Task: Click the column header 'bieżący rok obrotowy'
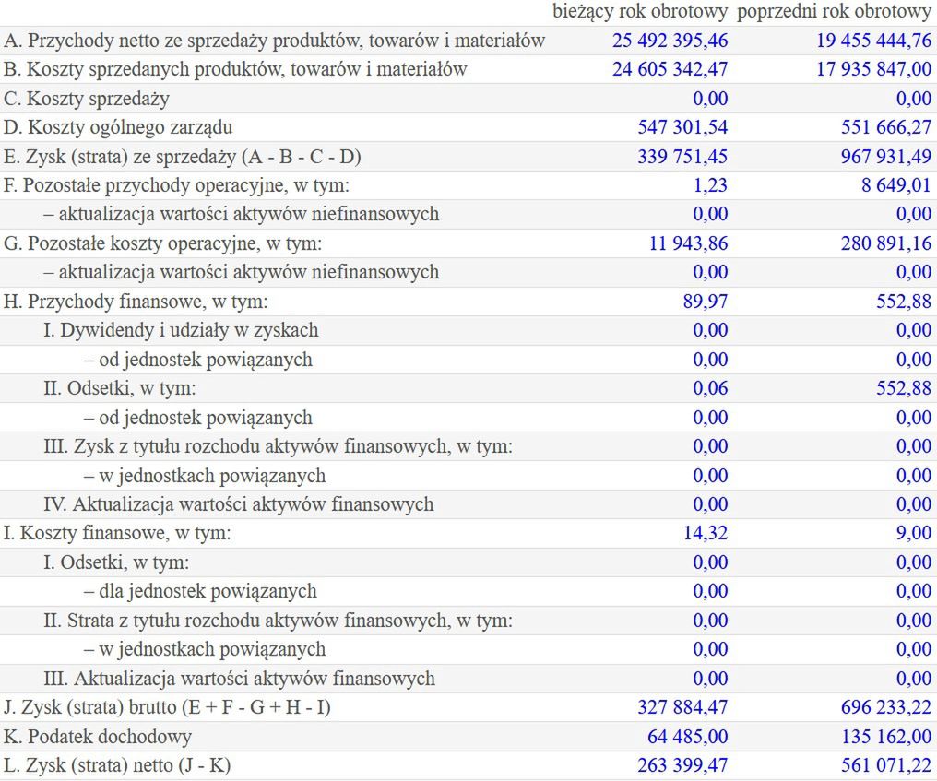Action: click(640, 12)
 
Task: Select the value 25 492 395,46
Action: click(670, 41)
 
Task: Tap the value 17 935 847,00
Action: click(873, 69)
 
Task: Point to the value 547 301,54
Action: click(682, 127)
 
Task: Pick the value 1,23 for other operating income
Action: click(711, 185)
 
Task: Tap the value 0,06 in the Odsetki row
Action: click(711, 388)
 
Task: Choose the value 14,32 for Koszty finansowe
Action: click(707, 533)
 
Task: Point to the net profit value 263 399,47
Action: click(682, 765)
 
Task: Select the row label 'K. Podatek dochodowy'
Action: click(98, 737)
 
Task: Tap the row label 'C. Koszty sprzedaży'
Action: click(87, 99)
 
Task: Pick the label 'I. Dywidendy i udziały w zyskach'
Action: click(181, 330)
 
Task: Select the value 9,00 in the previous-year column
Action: click(914, 533)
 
